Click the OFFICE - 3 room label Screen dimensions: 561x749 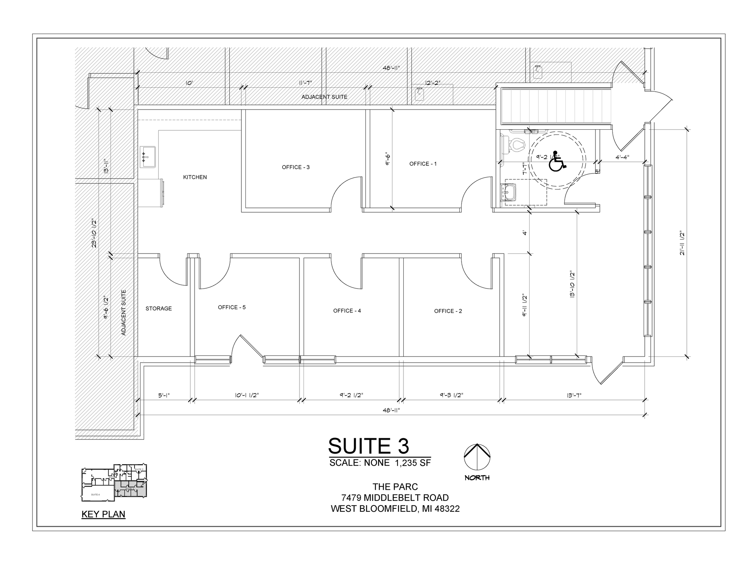point(296,167)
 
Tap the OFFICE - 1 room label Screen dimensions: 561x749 point(423,164)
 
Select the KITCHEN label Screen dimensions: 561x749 point(195,177)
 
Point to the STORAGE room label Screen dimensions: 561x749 point(159,309)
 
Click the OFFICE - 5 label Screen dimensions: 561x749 point(232,308)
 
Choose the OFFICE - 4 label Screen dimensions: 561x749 point(347,311)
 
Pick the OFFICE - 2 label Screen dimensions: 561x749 point(448,311)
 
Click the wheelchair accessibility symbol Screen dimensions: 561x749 point(557,162)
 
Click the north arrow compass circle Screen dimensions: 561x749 point(477,457)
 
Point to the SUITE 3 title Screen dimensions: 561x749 point(368,446)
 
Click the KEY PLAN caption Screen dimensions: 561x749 point(103,514)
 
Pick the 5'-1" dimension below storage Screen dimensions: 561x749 point(164,395)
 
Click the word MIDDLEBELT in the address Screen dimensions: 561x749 point(395,498)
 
